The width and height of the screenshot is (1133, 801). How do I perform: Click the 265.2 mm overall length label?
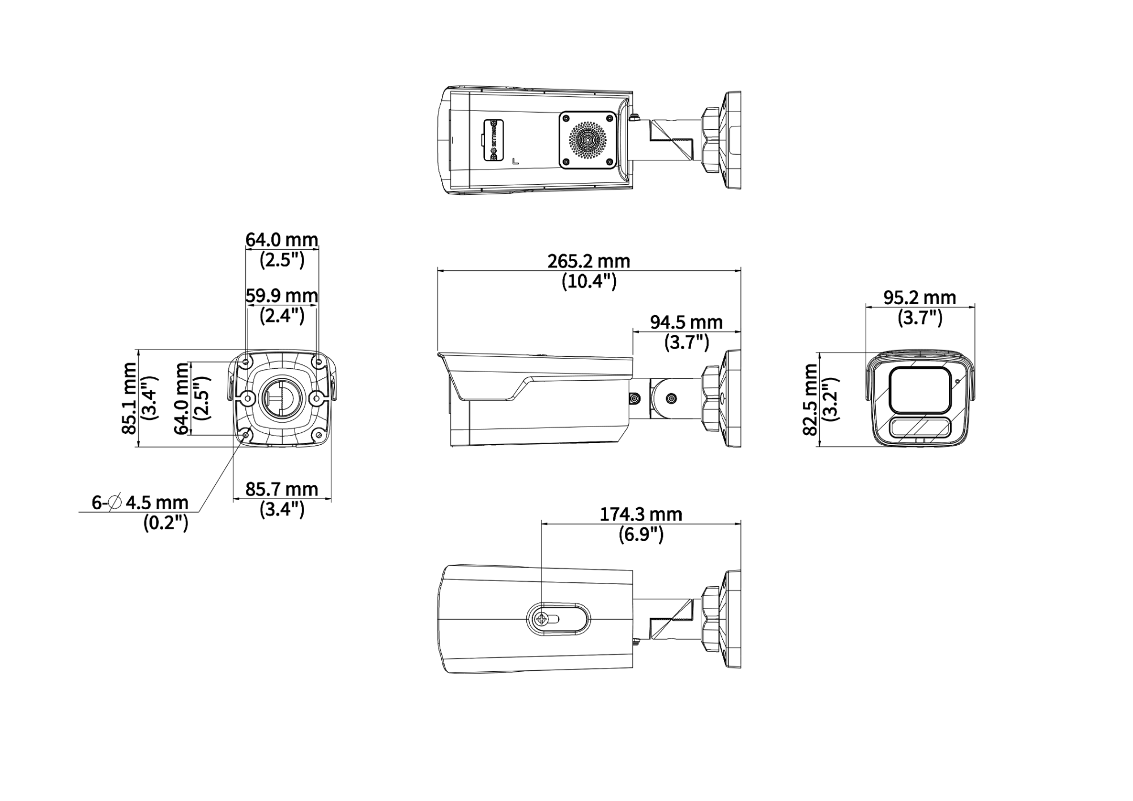point(589,261)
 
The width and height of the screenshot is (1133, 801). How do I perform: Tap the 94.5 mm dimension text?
point(686,322)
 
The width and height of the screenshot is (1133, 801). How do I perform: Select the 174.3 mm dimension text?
point(641,514)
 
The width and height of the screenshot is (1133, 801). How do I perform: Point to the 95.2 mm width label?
point(920,297)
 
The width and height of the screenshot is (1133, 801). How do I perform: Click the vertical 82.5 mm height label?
point(811,400)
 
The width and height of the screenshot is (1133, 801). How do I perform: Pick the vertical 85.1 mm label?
point(129,399)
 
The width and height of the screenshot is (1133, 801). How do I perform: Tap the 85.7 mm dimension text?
point(282,489)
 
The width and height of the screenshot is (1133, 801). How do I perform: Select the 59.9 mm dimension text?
point(282,295)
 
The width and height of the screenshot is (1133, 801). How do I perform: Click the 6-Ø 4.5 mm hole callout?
point(140,502)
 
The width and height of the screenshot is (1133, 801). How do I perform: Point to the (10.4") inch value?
point(589,281)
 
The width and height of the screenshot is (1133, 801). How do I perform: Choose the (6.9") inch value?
point(641,534)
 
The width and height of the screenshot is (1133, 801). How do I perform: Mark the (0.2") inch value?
point(165,522)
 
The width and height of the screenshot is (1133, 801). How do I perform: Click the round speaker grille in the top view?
point(587,140)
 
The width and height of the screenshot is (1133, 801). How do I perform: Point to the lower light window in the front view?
point(920,428)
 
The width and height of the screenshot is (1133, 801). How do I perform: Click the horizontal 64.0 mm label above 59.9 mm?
point(282,240)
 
